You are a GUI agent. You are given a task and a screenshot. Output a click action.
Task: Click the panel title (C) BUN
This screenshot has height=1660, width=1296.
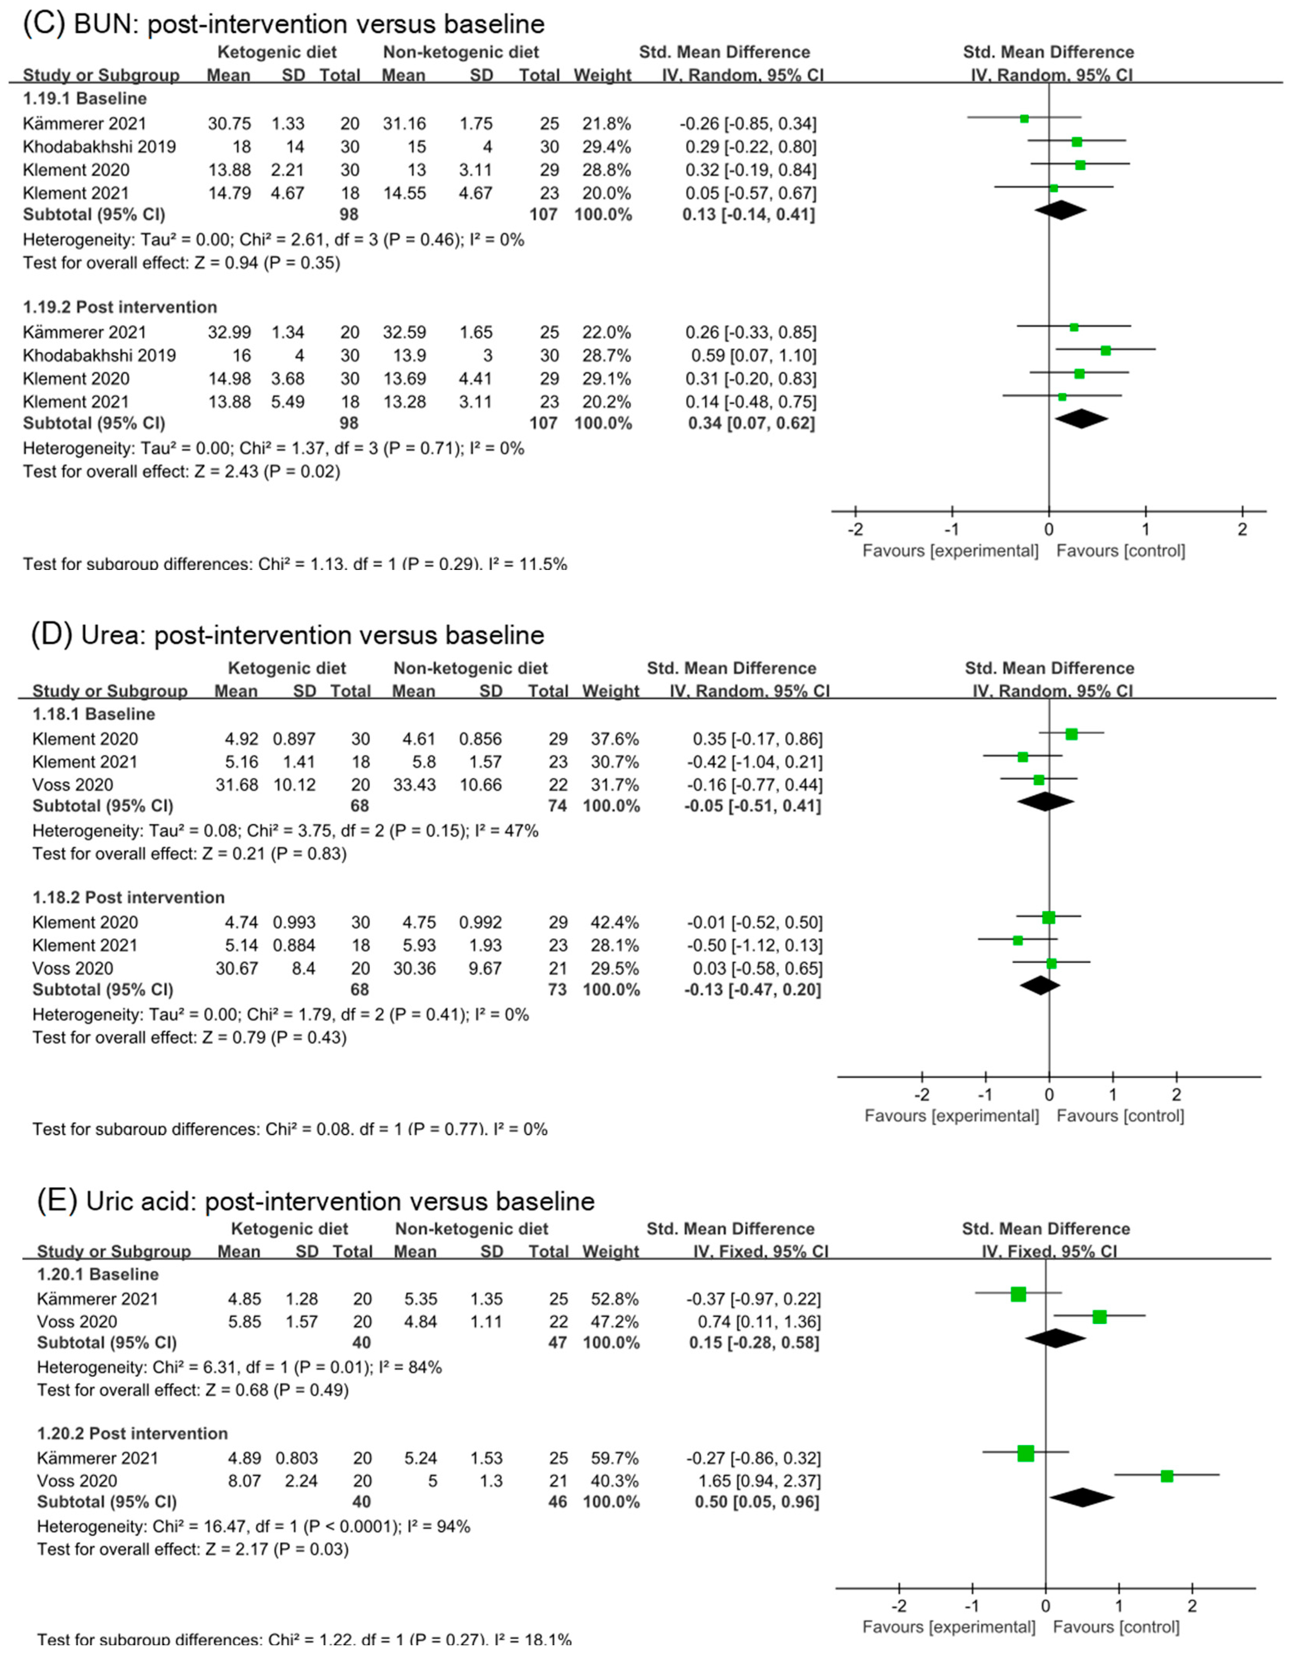[283, 24]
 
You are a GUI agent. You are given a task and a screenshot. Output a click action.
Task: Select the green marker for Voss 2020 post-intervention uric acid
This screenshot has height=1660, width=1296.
[1167, 1476]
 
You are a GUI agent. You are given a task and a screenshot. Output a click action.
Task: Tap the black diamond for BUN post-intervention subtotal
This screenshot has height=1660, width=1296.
[1081, 419]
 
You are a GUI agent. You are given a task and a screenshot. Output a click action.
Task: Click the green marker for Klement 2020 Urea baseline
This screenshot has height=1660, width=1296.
[1071, 734]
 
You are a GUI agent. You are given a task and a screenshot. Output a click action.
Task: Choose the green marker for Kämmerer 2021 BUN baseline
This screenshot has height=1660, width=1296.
[1024, 118]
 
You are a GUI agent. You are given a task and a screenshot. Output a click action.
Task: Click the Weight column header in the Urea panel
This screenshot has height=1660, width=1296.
[610, 691]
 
